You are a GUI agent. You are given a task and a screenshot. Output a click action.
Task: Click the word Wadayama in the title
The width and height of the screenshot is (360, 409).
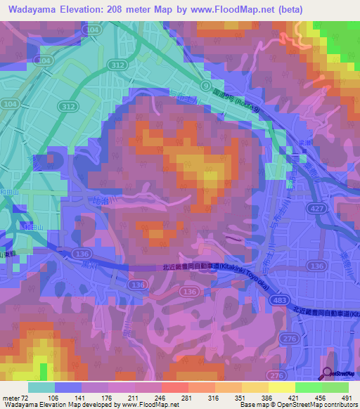[x=31, y=8]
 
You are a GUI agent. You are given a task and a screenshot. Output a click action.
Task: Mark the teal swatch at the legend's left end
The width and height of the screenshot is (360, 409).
[x=41, y=387]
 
